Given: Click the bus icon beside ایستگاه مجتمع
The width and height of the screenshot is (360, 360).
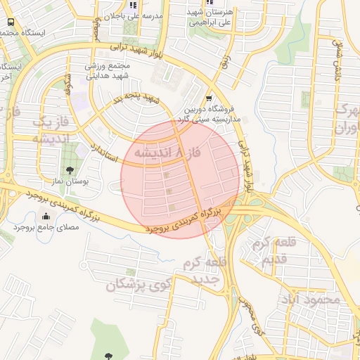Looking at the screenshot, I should click(10, 22).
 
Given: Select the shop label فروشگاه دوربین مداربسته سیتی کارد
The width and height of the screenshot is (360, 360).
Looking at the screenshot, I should click(212, 115).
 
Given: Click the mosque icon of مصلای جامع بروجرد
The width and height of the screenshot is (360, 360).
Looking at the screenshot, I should click(46, 217).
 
